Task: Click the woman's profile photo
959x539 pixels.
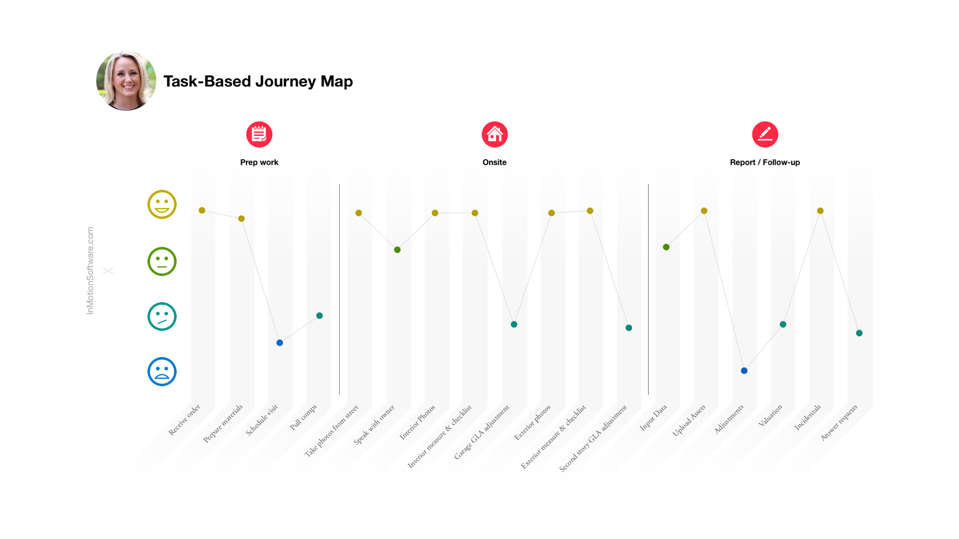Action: pos(126,80)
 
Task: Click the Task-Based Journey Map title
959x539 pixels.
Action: pos(258,81)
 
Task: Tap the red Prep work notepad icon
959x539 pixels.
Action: pos(259,134)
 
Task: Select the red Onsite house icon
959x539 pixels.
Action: pos(494,134)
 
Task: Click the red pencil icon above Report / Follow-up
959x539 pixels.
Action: pos(765,134)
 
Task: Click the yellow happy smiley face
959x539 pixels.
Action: pos(162,204)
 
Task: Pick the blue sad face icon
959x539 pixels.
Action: pos(162,372)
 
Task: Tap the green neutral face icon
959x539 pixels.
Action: pos(162,262)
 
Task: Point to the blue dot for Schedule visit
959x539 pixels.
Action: pos(280,343)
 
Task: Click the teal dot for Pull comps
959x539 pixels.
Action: pos(320,315)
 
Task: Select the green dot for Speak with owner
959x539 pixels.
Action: pos(397,250)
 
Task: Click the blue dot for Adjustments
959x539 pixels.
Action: pos(744,371)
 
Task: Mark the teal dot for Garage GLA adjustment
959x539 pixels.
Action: pos(514,324)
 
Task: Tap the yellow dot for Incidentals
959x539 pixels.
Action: pos(820,211)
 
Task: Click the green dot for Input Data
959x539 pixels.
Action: pos(666,247)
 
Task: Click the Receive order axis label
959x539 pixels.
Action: pos(184,420)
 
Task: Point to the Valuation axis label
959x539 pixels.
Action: pos(770,416)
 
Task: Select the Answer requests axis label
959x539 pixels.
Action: pos(839,423)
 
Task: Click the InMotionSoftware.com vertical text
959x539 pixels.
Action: pos(90,270)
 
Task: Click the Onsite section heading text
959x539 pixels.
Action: pos(494,162)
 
